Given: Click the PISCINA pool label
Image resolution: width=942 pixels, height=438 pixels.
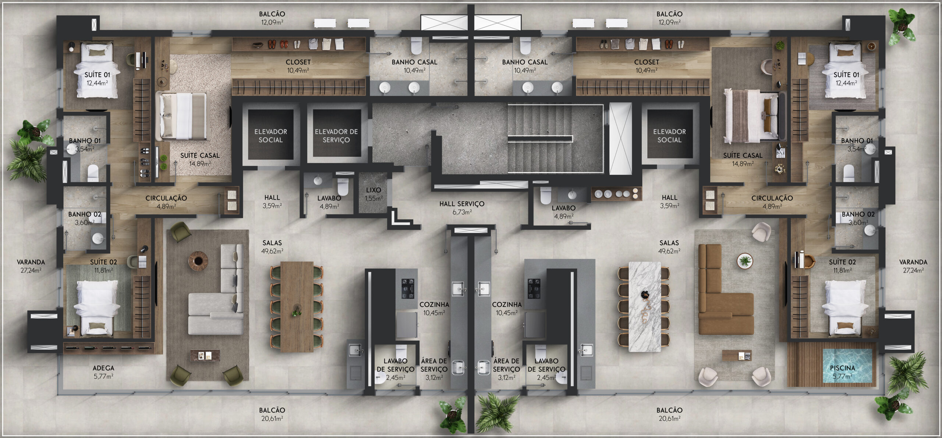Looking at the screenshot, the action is (x=842, y=368).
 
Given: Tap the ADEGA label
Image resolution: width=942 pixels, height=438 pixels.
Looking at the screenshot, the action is (x=103, y=368).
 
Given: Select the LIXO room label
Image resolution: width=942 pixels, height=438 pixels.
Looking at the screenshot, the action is (x=373, y=190).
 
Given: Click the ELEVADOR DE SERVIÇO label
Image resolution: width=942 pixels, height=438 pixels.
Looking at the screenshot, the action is (x=336, y=136).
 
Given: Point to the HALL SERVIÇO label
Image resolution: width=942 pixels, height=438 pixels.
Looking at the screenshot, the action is (x=462, y=204).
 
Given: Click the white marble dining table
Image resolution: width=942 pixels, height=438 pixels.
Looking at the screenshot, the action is (x=645, y=306).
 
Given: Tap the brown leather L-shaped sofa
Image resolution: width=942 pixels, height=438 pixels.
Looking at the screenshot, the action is (x=721, y=289).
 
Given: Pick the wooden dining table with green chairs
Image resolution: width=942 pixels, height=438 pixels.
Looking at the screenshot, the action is (x=297, y=307).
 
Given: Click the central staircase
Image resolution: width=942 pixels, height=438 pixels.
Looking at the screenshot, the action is (x=556, y=138).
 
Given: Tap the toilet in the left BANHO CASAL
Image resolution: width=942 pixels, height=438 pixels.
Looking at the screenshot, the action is (x=416, y=46).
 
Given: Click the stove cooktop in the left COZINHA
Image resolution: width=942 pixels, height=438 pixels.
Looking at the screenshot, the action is (x=408, y=289).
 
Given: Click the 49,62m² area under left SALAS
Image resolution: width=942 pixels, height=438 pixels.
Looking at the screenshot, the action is (x=272, y=251).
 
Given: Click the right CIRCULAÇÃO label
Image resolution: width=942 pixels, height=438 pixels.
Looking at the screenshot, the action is (x=772, y=198).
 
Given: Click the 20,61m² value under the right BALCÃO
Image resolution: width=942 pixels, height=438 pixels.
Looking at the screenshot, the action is (x=669, y=418).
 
